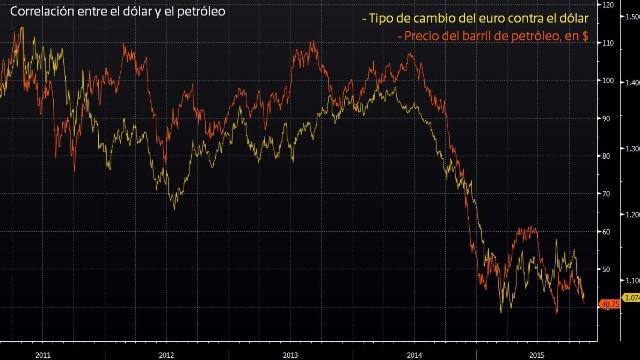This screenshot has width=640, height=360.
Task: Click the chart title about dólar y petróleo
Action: (x=117, y=12)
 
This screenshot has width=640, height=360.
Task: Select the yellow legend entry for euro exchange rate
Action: (x=475, y=18)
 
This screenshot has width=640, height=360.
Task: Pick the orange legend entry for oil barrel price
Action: (x=493, y=36)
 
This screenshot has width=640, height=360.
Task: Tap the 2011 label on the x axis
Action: (x=43, y=355)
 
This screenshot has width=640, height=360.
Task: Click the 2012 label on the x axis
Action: (x=167, y=355)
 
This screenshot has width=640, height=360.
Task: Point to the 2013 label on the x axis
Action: (x=290, y=355)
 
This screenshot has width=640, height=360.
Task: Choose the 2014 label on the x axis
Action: (x=415, y=355)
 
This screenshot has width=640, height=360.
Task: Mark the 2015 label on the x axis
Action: (x=537, y=355)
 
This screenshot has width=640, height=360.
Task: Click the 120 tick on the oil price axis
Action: (x=608, y=5)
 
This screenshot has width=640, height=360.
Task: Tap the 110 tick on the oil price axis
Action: (x=608, y=43)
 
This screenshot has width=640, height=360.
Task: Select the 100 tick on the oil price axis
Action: (x=608, y=81)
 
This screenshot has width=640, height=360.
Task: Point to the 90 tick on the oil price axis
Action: (x=606, y=118)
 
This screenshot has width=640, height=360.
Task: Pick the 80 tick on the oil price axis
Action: (x=606, y=156)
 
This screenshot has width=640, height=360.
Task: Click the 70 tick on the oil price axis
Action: (x=606, y=194)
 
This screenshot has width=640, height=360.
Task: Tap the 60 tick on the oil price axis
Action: (x=606, y=232)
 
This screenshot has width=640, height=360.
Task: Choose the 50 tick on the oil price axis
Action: (x=606, y=269)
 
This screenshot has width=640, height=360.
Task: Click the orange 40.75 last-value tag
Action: (x=610, y=304)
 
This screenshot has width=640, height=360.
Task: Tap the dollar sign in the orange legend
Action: (x=585, y=36)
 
